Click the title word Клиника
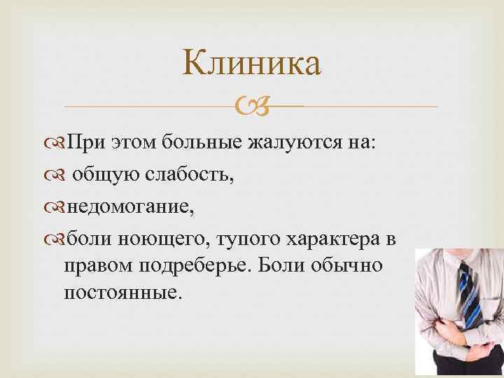point(251,63)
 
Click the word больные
point(201,143)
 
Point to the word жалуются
point(291,143)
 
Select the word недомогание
point(131,207)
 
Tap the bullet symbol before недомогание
point(56,208)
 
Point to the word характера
point(331,239)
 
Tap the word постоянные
point(122,290)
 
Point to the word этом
point(134,143)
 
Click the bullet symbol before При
point(56,144)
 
